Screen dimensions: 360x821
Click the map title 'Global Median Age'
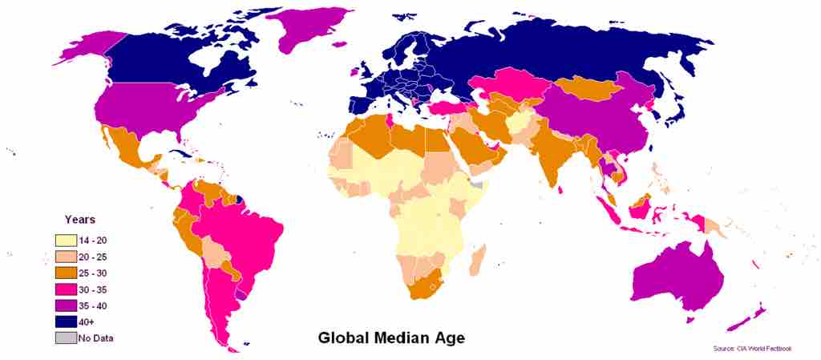tap(391, 338)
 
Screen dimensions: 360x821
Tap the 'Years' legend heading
tap(80, 219)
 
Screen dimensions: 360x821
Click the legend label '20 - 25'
tap(95, 257)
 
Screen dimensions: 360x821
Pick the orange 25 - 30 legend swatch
tap(65, 273)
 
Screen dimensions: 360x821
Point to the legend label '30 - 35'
tap(95, 289)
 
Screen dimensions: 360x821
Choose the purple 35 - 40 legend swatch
tap(65, 305)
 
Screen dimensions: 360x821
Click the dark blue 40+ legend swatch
tap(65, 321)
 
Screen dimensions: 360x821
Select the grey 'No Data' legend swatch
tap(65, 338)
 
